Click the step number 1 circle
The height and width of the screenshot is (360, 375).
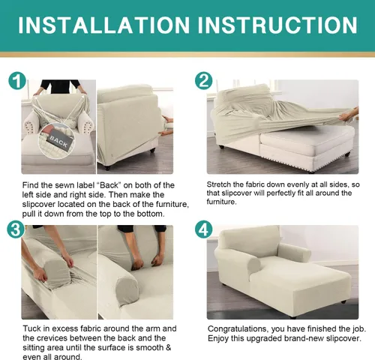[x=17, y=81]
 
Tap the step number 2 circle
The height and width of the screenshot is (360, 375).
[x=203, y=81]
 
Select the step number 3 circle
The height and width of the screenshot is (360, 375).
[x=16, y=229]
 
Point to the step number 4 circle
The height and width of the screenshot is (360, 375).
[x=203, y=229]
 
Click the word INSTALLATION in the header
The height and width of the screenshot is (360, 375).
[x=104, y=25]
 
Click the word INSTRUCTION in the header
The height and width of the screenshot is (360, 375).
[x=277, y=25]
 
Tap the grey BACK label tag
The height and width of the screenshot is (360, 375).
[x=58, y=140]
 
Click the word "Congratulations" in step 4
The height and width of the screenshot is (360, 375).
[x=237, y=328]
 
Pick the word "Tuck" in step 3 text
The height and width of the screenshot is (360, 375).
[x=31, y=328]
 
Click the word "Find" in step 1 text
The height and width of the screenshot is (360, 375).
[x=30, y=185]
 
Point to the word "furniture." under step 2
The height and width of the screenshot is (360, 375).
[x=221, y=202]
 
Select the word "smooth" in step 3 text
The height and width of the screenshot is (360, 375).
[x=148, y=347]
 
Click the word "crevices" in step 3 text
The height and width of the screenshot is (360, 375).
[x=52, y=338]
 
